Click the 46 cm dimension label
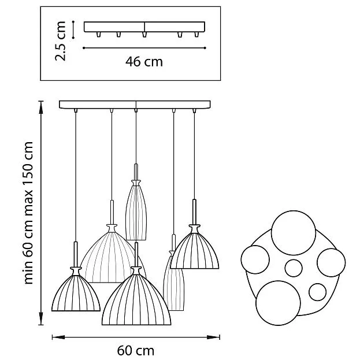pos(144,62)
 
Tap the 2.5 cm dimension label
pos(61,41)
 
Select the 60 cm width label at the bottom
pos(136,351)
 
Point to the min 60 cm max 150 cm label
pos(29,213)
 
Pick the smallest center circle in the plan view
pos(294,268)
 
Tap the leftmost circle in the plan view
pos(255,259)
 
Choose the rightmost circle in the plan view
pos(331,263)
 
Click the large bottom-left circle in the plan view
pos(279,303)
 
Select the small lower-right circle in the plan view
pos(317,292)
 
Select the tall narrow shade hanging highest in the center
pos(136,210)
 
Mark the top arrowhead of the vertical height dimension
pos(41,107)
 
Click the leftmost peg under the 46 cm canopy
pos(98,35)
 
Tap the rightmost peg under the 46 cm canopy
pos(196,35)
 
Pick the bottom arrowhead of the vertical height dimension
pos(41,318)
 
